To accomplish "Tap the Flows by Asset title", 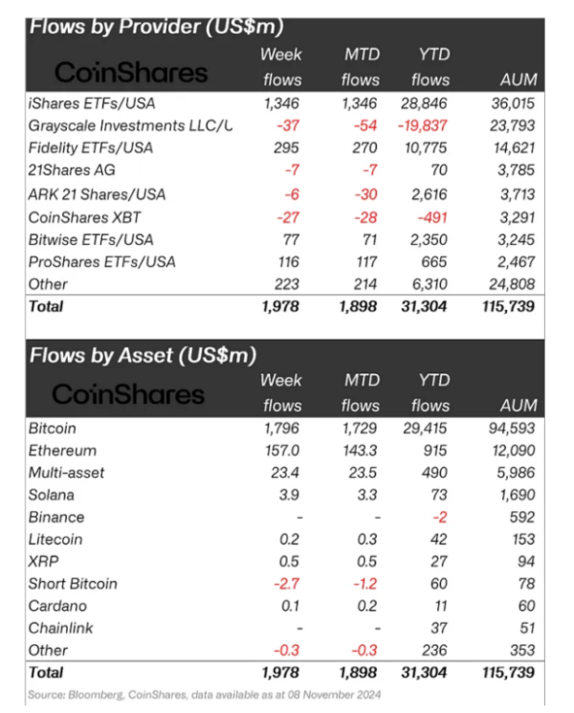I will point(143,355).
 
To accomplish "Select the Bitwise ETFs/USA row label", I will point(91,239).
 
